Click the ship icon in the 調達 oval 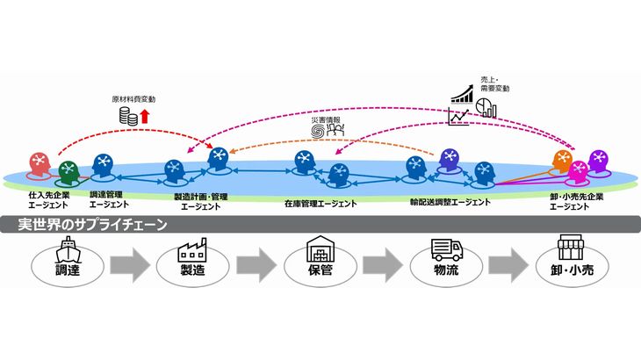67,251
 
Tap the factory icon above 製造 193,250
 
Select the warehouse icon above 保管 320,251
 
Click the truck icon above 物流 445,250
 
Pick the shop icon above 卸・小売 573,250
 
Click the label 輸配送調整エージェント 450,202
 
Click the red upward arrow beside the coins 147,115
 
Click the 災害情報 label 326,119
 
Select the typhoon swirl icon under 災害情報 318,132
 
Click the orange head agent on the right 563,160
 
